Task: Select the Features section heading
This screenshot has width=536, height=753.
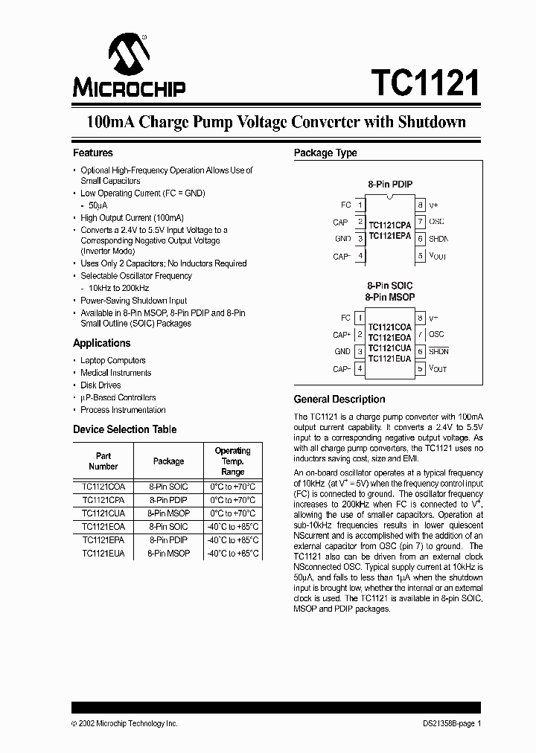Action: [93, 153]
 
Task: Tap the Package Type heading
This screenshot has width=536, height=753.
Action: [325, 153]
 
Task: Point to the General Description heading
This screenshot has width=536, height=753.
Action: [339, 400]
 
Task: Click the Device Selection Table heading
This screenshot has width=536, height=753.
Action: [124, 430]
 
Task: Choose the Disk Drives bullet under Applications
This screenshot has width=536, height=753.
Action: [100, 385]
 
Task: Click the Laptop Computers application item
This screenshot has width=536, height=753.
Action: [113, 361]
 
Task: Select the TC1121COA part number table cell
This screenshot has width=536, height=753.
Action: [103, 487]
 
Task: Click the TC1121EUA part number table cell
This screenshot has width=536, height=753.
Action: [103, 554]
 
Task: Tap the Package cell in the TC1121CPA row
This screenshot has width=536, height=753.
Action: [168, 500]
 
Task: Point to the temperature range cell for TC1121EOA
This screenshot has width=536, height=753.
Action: [233, 527]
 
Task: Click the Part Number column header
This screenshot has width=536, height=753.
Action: [103, 461]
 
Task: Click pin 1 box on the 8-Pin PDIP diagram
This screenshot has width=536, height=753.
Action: [360, 205]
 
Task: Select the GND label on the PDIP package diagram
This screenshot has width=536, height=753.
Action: [342, 239]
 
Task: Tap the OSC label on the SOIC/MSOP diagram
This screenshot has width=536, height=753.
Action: [437, 335]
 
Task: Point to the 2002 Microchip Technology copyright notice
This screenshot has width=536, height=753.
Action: [124, 724]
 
